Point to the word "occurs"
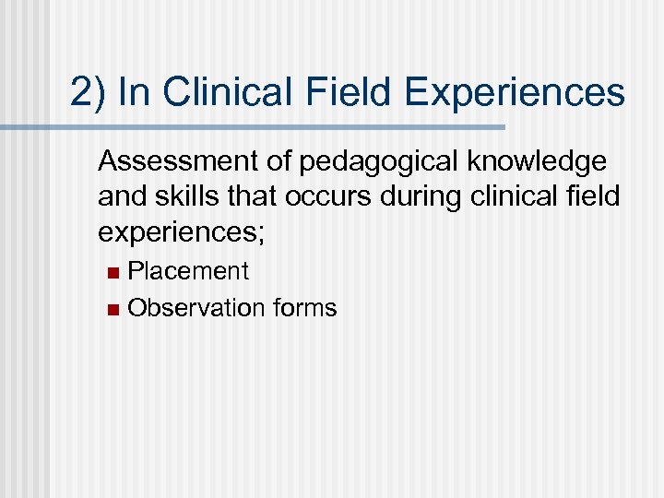313,198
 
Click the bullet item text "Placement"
188,271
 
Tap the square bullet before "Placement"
112,272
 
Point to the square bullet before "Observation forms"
112,309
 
